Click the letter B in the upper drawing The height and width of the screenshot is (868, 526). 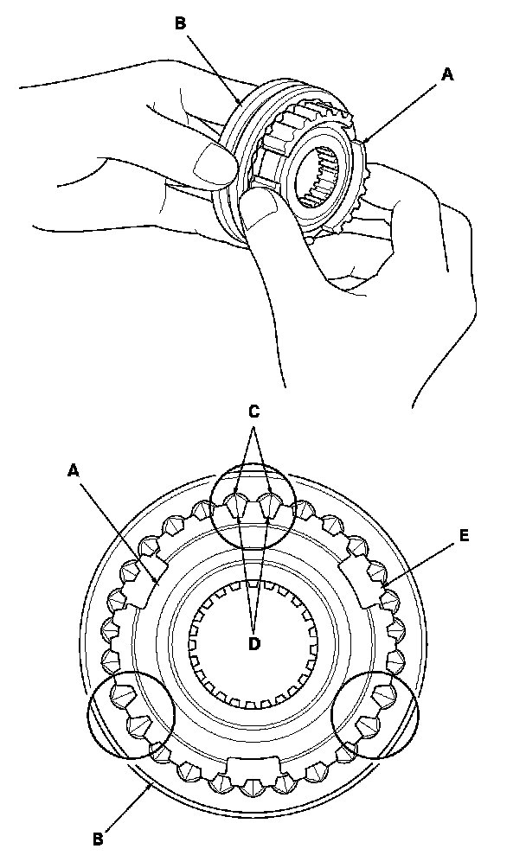(181, 23)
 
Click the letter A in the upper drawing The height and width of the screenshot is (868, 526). (446, 75)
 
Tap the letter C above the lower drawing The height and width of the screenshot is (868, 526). (253, 412)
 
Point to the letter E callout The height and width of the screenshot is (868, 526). (465, 535)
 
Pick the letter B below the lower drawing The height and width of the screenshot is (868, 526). (99, 837)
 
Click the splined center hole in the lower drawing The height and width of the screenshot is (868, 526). (253, 641)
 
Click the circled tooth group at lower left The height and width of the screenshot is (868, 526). (131, 717)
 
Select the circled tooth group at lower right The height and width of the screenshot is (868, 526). (375, 717)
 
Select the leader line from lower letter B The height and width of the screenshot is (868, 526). (128, 809)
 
